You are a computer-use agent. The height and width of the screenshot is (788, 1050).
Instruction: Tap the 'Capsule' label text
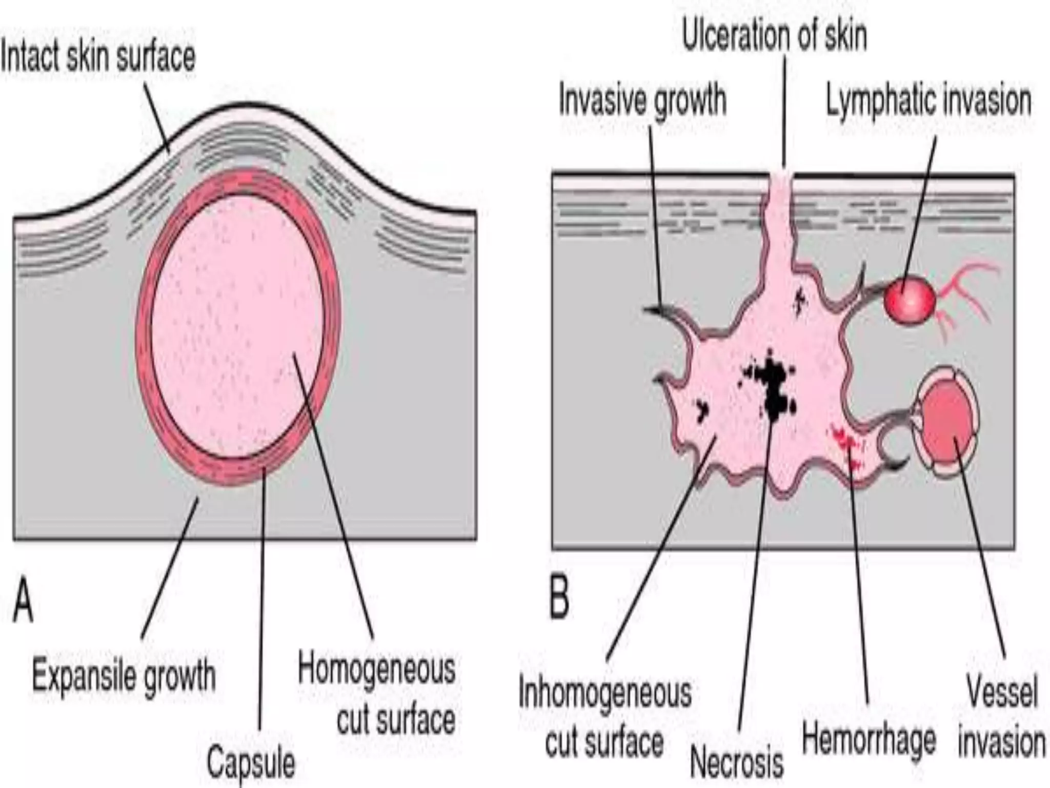coord(251,763)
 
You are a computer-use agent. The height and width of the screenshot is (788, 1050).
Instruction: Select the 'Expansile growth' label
coord(124,676)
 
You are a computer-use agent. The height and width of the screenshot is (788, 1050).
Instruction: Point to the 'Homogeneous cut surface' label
coord(377,695)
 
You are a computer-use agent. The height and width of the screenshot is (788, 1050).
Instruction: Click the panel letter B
coord(559,600)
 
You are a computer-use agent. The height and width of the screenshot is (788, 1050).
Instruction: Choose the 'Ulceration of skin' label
coord(774,36)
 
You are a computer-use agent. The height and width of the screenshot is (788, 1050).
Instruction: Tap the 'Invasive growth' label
coord(642,100)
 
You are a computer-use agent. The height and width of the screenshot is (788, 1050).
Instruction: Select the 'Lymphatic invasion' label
coord(928,101)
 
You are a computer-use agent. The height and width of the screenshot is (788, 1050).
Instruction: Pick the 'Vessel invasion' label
coord(1001,716)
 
